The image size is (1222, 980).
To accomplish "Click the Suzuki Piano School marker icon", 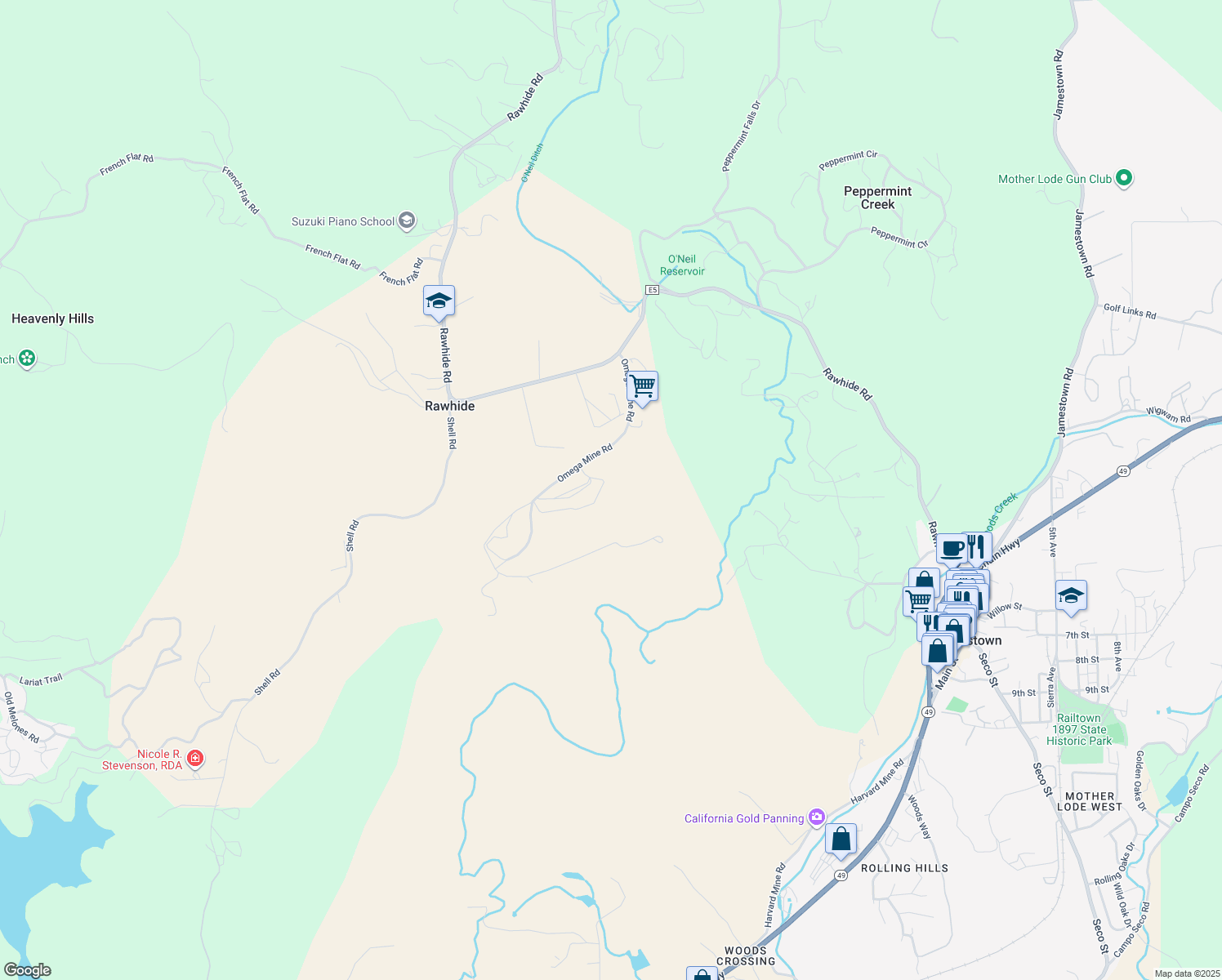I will click(x=407, y=220).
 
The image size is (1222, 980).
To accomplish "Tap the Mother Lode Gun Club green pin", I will click(x=1123, y=178).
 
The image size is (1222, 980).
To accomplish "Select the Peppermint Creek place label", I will click(x=877, y=198).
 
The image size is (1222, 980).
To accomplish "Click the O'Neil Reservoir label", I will click(x=682, y=265).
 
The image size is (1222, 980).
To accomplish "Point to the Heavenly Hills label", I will click(x=53, y=318).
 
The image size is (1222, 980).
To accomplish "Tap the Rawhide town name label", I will click(x=449, y=406).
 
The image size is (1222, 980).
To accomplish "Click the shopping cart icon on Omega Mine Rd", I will click(x=643, y=386).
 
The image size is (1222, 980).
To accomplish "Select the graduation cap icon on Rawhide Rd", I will click(x=439, y=301).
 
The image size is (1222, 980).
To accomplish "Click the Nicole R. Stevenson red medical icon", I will click(x=195, y=759).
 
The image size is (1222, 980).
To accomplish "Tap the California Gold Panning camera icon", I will click(x=816, y=817).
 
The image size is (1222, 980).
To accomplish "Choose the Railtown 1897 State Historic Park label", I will click(x=1079, y=729).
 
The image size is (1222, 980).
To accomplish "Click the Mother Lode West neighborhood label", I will click(x=1094, y=801).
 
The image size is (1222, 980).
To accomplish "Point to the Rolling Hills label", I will click(x=904, y=868).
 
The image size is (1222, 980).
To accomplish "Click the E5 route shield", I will click(x=652, y=290).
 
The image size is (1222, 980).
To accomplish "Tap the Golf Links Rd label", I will click(x=1130, y=311).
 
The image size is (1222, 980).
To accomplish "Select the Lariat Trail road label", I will click(x=41, y=679).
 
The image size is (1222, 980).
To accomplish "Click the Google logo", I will click(x=28, y=970).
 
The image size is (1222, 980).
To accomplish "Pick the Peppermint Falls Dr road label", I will click(x=741, y=136).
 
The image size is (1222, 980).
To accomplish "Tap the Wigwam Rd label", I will click(x=1168, y=416).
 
